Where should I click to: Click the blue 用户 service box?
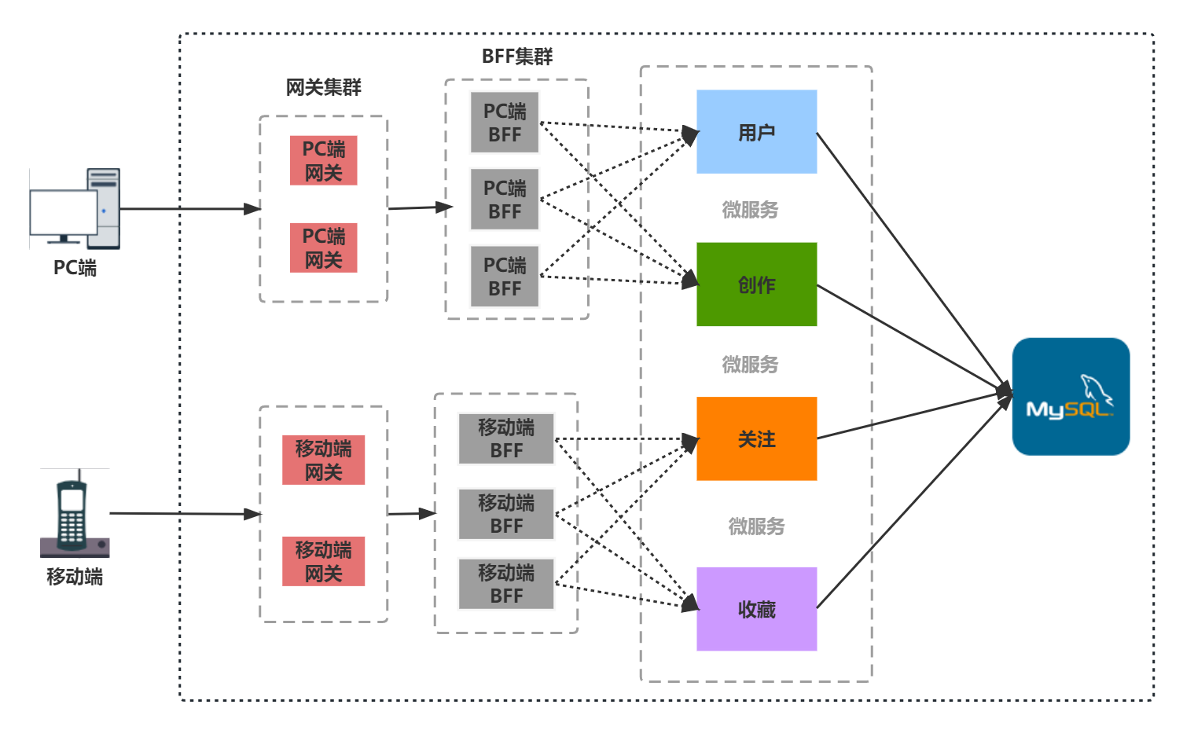[756, 132]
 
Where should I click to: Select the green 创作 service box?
[756, 284]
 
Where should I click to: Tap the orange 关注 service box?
[756, 438]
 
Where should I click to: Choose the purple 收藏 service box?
[756, 609]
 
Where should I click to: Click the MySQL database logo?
[1071, 397]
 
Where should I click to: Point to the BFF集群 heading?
[517, 57]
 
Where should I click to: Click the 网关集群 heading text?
[323, 87]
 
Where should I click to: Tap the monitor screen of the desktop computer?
[63, 212]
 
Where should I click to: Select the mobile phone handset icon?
[72, 515]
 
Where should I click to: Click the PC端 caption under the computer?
[75, 268]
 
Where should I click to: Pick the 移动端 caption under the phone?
[75, 577]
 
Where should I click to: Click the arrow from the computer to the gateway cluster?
[189, 209]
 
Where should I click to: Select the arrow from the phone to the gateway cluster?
[185, 514]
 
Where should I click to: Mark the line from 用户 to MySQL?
[912, 259]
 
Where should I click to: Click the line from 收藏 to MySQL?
[912, 507]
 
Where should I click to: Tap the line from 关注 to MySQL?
[912, 415]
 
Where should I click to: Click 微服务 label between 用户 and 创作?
[750, 210]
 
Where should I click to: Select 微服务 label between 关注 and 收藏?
[756, 526]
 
